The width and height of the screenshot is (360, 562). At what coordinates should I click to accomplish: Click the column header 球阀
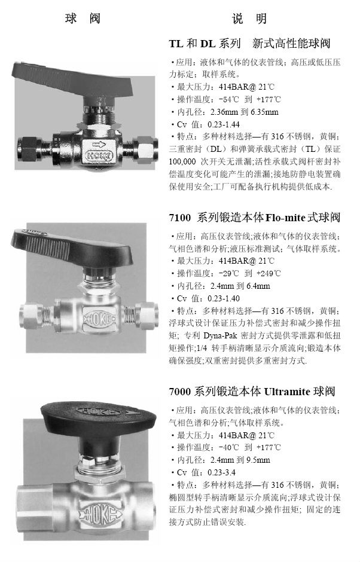(83, 19)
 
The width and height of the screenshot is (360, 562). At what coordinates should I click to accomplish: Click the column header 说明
(249, 19)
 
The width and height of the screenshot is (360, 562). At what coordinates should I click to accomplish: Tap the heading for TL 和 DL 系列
(249, 44)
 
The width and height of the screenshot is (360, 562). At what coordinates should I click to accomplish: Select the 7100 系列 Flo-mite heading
(255, 218)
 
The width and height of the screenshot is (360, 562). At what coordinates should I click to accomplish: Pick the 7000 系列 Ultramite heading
(252, 391)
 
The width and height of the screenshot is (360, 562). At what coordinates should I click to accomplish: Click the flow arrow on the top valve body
(99, 145)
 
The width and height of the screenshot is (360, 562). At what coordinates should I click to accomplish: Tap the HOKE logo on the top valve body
(99, 156)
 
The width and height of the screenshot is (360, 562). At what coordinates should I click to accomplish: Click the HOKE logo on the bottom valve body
(100, 514)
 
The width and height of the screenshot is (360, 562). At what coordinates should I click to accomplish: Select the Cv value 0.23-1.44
(224, 124)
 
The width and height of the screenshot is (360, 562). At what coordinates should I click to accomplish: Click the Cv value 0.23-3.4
(221, 472)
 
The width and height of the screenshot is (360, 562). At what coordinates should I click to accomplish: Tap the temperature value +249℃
(269, 273)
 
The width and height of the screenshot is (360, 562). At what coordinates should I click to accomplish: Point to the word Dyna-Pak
(219, 336)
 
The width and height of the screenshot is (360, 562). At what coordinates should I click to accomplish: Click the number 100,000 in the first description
(182, 161)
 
